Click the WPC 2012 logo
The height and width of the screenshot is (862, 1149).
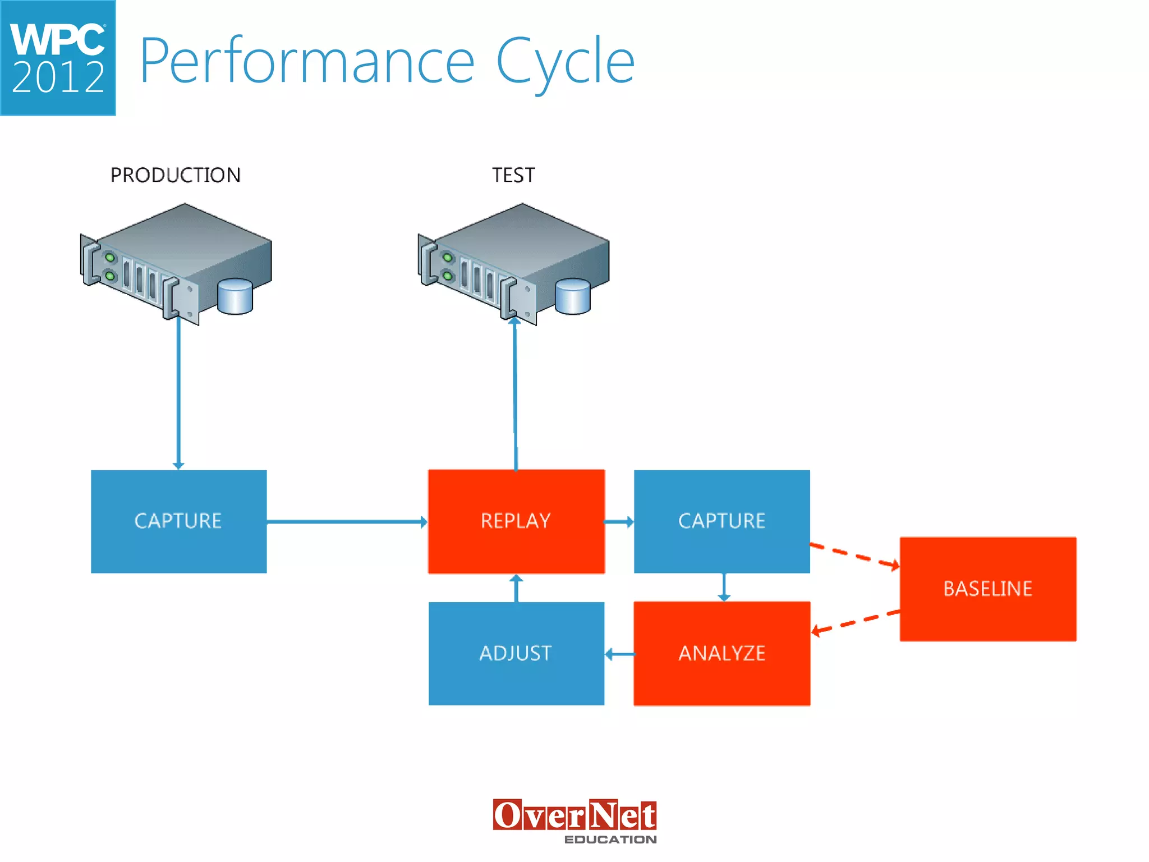(58, 58)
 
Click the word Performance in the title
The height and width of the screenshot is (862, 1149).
(307, 61)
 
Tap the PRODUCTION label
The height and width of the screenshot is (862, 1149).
(175, 175)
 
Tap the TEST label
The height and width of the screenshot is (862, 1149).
(513, 175)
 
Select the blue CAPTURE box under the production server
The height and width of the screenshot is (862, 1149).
(178, 521)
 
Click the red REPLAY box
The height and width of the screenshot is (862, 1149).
(516, 521)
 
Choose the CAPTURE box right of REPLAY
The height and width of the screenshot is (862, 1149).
(721, 521)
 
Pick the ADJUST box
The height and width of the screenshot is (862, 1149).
(516, 653)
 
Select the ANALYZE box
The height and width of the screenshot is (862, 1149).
(721, 653)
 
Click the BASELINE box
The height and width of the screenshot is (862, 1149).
(987, 589)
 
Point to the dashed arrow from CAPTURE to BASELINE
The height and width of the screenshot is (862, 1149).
(854, 555)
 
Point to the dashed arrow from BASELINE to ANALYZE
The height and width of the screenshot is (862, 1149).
(856, 621)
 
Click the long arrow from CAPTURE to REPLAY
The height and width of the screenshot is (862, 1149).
(346, 522)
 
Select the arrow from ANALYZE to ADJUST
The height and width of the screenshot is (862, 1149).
(619, 654)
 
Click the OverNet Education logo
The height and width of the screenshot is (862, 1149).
(574, 821)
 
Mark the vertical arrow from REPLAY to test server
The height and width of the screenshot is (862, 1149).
(515, 393)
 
